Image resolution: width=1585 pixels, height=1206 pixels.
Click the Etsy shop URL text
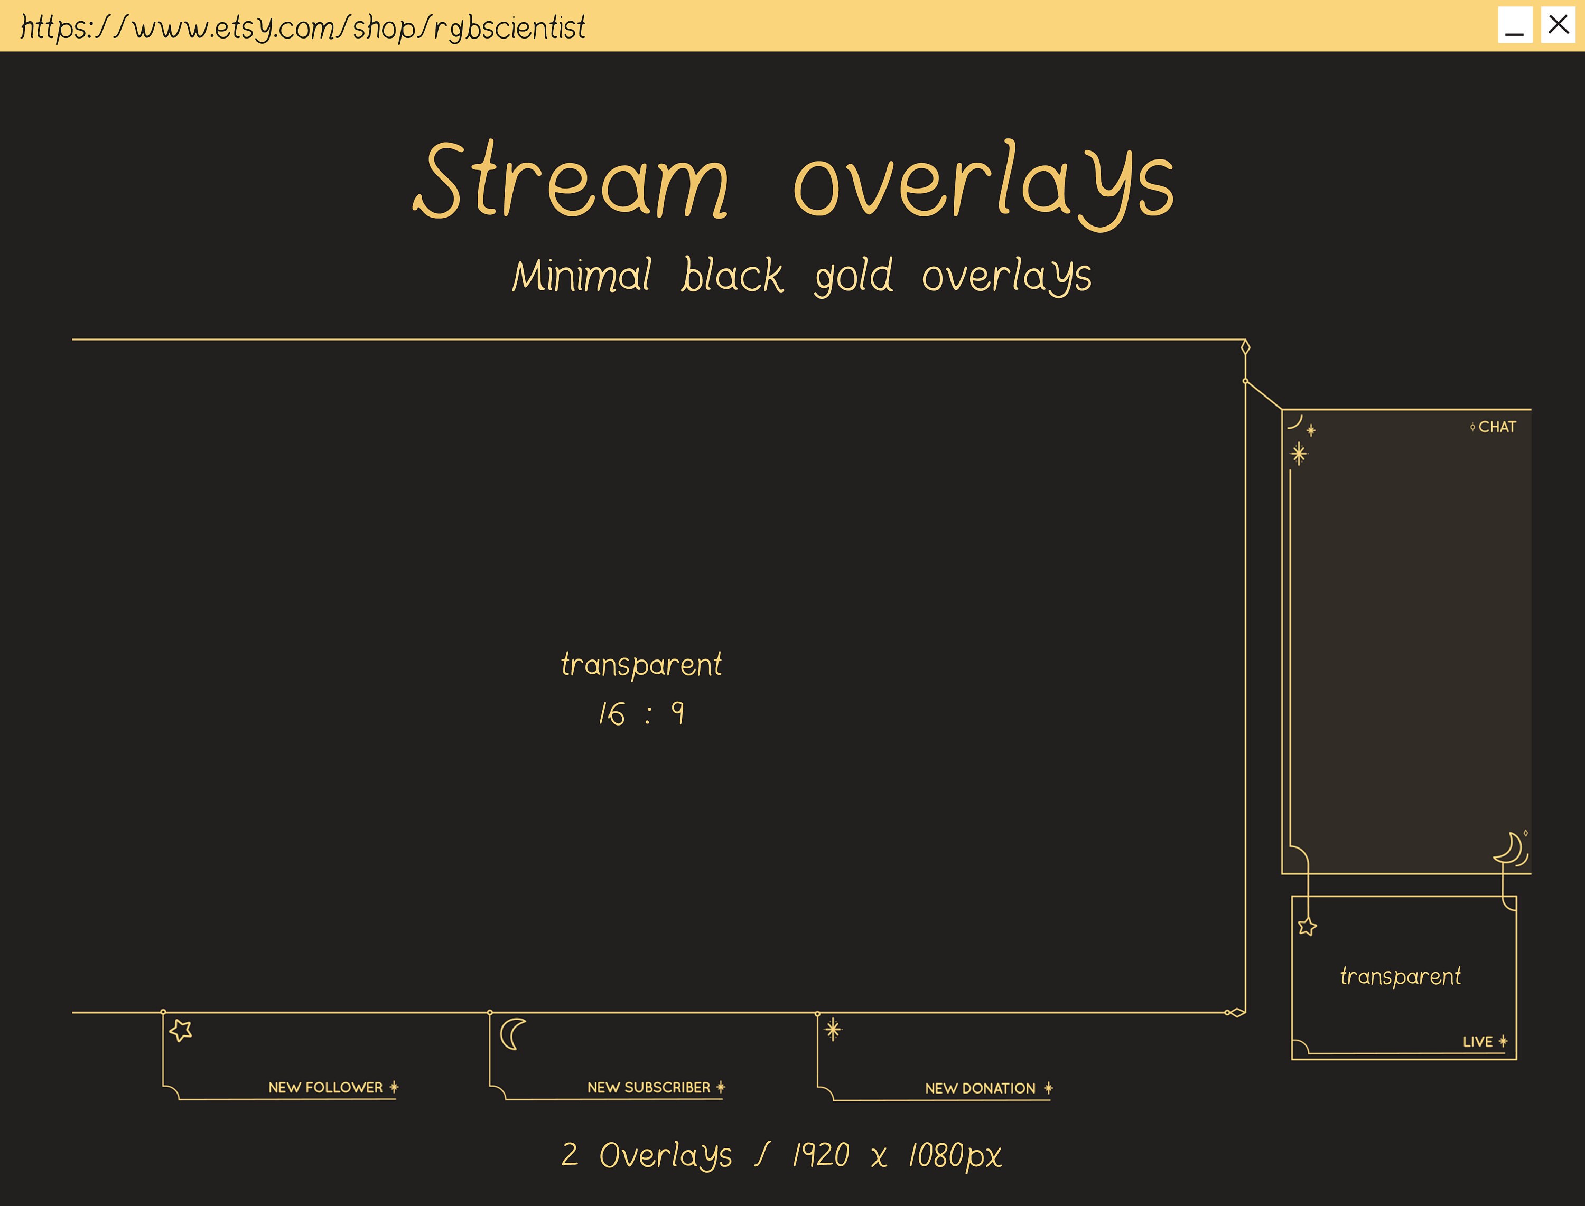302,27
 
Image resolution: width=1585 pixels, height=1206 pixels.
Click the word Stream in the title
571,180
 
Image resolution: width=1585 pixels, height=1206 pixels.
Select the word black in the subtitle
732,276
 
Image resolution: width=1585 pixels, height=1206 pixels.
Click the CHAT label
1497,427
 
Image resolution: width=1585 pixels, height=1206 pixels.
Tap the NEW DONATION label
980,1088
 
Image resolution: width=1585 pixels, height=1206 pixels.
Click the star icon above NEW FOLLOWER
181,1031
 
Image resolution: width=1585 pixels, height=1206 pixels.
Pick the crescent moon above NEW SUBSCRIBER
512,1034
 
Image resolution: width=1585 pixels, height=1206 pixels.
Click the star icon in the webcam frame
1307,927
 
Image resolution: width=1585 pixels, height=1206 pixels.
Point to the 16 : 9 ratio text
641,713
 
